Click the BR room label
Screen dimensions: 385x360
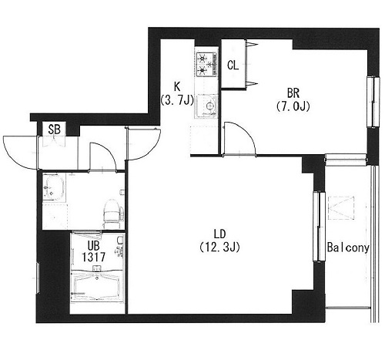tap(293, 93)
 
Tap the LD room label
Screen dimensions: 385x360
tap(220, 234)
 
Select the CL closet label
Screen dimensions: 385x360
tap(233, 66)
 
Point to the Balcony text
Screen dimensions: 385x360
tap(348, 247)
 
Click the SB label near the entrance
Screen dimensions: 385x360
tap(55, 130)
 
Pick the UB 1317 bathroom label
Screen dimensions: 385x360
tap(93, 251)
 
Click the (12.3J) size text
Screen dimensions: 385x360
tap(220, 247)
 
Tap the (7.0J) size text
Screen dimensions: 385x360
tap(293, 106)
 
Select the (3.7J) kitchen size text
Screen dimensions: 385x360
tap(177, 99)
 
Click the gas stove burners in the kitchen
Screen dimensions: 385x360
tap(206, 64)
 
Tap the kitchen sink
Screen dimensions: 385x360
tap(207, 106)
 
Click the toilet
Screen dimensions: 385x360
tap(113, 214)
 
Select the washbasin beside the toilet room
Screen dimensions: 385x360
tap(54, 187)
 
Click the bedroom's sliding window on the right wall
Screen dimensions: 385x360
tap(373, 102)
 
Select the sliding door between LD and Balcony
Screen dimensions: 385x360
tap(319, 227)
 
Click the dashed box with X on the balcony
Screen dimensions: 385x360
tap(341, 208)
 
